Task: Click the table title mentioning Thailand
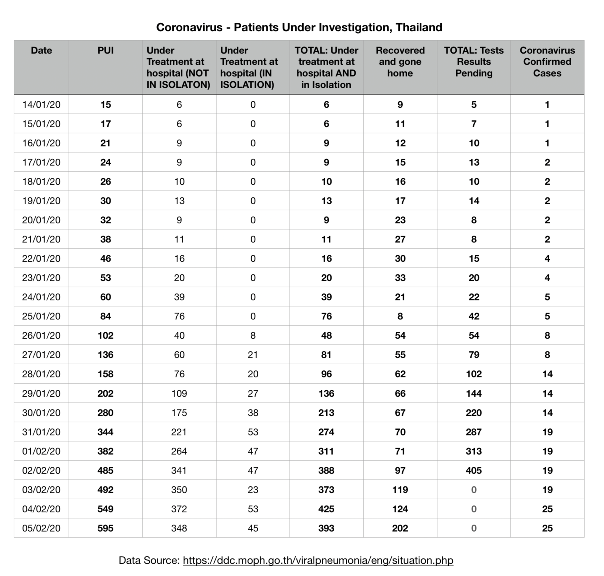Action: [299, 27]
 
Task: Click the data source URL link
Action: [318, 560]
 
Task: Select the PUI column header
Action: [105, 50]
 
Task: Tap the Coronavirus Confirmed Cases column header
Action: [547, 62]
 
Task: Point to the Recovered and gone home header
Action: [400, 62]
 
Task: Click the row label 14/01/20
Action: [41, 105]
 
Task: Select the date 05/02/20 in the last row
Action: [41, 528]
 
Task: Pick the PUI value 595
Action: [105, 528]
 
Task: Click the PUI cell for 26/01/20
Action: [105, 336]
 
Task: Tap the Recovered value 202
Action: [400, 528]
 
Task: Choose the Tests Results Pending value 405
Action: [474, 470]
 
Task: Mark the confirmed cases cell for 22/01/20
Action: [547, 259]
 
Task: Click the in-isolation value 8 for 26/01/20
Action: [253, 336]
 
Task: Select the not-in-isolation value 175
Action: [179, 413]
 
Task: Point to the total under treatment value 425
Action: [326, 509]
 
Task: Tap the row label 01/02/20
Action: [41, 451]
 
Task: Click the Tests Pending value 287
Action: [474, 432]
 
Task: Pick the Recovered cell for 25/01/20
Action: [400, 316]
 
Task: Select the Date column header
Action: [41, 50]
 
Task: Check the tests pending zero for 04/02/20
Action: [474, 509]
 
